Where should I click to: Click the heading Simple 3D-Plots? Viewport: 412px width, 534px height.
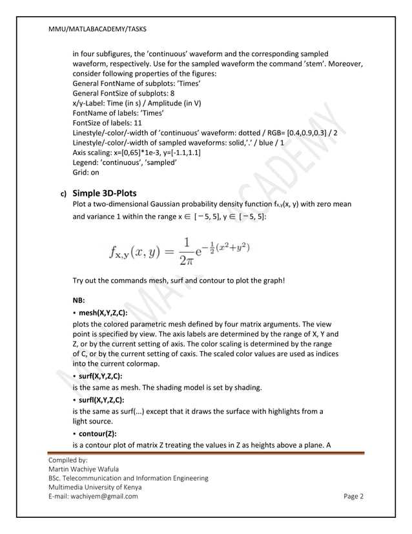pyautogui.click(x=108, y=193)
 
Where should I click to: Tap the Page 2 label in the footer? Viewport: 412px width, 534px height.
pyautogui.click(x=353, y=497)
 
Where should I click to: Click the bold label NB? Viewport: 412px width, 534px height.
pyautogui.click(x=80, y=301)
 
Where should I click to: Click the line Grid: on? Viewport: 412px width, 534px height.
pyautogui.click(x=86, y=173)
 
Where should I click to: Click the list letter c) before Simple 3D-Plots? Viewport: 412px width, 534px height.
pyautogui.click(x=63, y=193)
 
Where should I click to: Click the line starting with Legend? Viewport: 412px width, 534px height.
pyautogui.click(x=123, y=162)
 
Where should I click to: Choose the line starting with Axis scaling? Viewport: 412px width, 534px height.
pyautogui.click(x=136, y=153)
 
